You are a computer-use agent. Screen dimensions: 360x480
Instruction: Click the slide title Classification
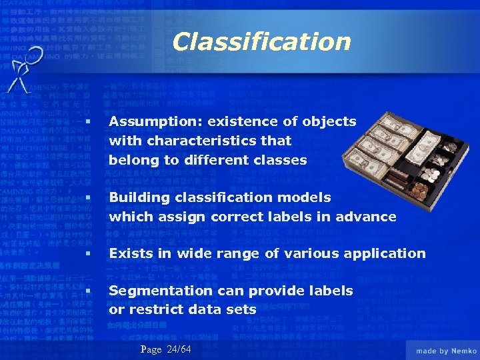click(x=261, y=42)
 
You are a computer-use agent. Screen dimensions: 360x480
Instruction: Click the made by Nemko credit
click(x=445, y=351)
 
